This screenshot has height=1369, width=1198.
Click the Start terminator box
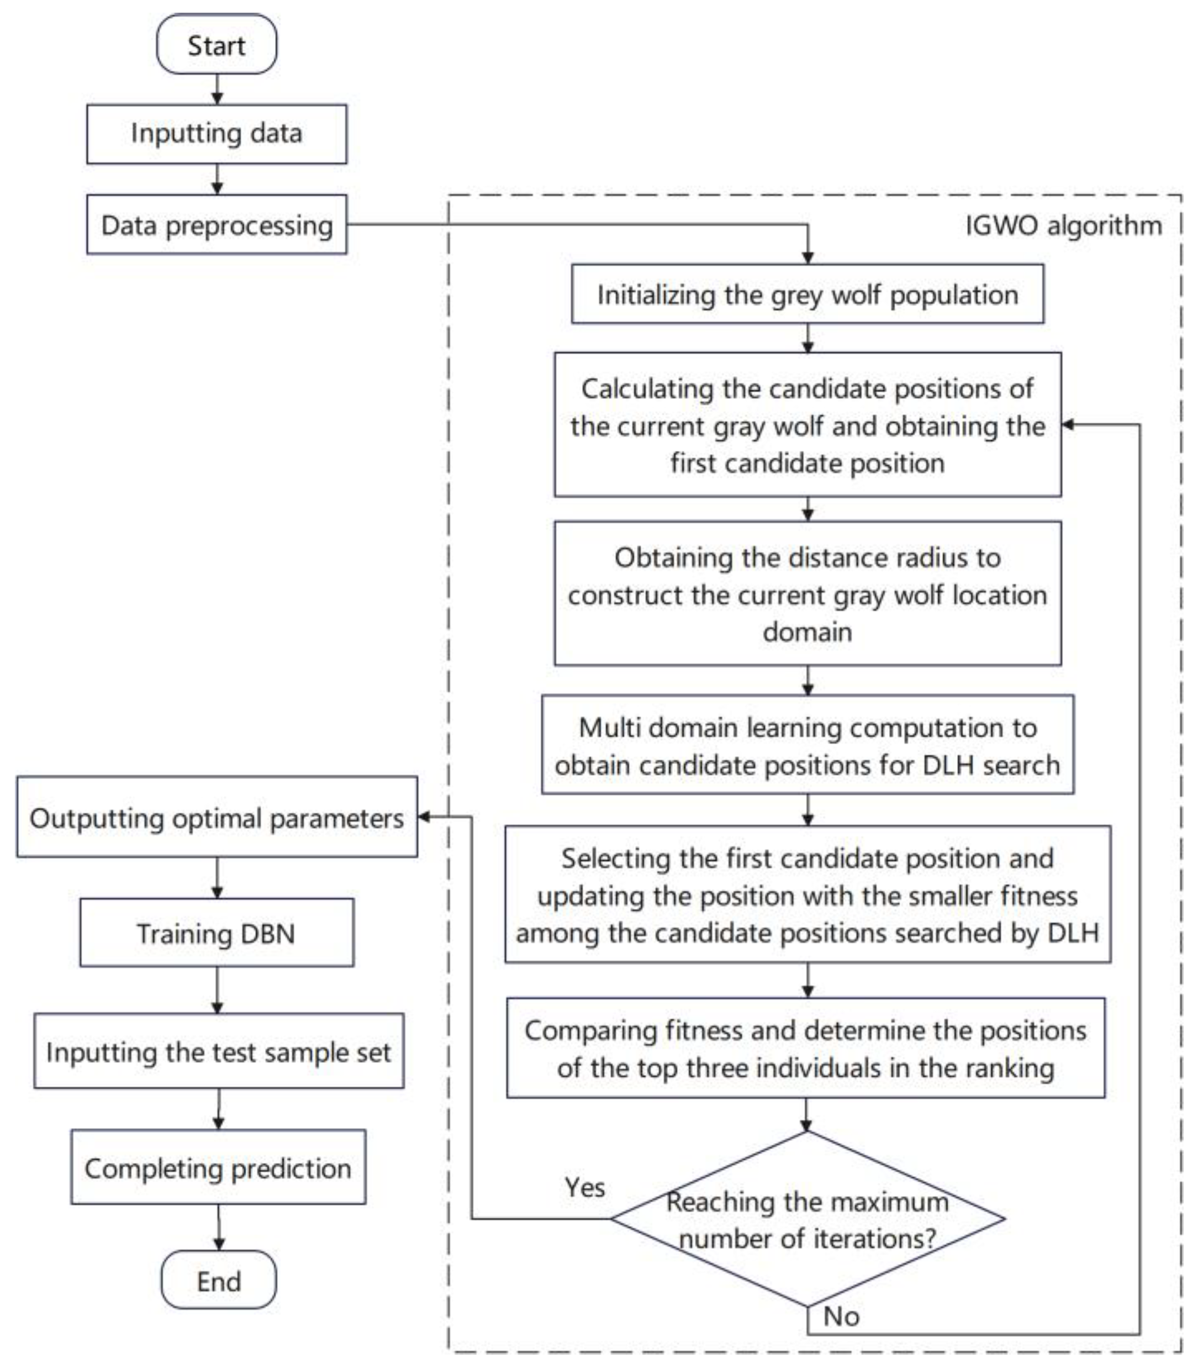(x=217, y=45)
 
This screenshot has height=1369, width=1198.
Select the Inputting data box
(x=217, y=134)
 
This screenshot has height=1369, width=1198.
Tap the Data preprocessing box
(x=217, y=225)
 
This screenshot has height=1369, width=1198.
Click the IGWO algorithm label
(x=1063, y=226)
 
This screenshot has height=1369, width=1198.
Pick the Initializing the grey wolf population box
(x=807, y=294)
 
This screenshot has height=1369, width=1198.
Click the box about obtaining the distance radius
(x=807, y=593)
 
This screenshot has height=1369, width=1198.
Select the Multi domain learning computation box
(x=807, y=745)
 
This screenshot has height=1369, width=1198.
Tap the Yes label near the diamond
(x=585, y=1188)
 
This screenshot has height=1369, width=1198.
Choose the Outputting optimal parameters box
(x=217, y=817)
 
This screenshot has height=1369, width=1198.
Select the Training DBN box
(x=217, y=933)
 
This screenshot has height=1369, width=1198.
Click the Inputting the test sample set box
(x=219, y=1051)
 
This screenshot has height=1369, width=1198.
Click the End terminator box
(x=219, y=1280)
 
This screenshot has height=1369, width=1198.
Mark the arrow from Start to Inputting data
(x=217, y=89)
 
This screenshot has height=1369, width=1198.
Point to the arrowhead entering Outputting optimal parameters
(x=424, y=817)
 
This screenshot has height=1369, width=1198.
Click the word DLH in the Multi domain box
(x=948, y=765)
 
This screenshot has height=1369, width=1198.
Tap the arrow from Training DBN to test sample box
(x=217, y=990)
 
